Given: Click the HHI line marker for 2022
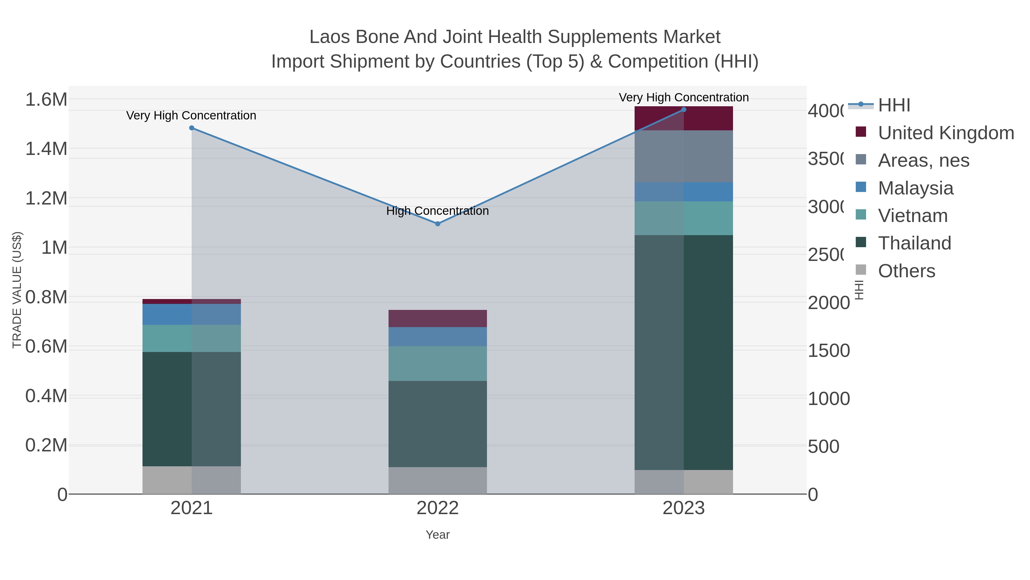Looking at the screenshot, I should point(437,224).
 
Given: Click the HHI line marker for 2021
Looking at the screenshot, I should point(191,128).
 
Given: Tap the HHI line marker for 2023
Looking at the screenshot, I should point(683,110).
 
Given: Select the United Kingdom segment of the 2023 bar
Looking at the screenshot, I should point(683,119).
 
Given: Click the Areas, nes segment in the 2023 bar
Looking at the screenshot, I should point(683,156).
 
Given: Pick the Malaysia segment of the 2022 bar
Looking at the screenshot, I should point(437,337).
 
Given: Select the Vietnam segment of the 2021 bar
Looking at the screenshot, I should point(191,338).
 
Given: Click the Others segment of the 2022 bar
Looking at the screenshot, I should point(437,480).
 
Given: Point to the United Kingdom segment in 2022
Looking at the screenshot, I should point(437,318).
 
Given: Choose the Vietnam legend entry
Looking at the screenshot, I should point(912,216).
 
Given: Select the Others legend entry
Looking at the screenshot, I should point(906,271).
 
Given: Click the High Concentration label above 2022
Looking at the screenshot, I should point(437,211).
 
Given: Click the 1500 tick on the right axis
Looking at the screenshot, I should point(829,351).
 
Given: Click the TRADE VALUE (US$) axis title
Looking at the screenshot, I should point(17,290).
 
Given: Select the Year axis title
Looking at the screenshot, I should point(437,535).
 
